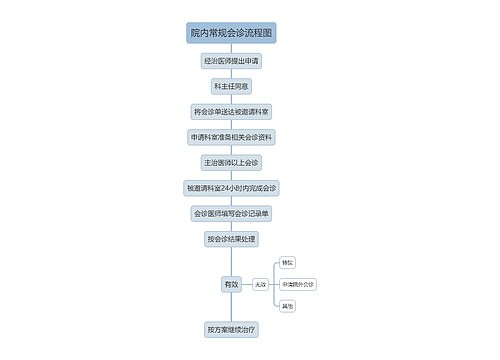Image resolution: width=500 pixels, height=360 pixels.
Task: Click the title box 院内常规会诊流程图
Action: pyautogui.click(x=231, y=34)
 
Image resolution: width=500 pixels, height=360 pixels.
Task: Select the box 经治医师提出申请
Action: pyautogui.click(x=231, y=61)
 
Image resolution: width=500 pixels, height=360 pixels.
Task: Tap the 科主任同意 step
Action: pyautogui.click(x=231, y=86)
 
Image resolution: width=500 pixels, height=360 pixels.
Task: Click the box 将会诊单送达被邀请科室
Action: pyautogui.click(x=231, y=111)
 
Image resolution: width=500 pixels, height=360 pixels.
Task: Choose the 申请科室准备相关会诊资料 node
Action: pyautogui.click(x=231, y=136)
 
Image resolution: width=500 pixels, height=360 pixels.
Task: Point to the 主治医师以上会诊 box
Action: pyautogui.click(x=231, y=162)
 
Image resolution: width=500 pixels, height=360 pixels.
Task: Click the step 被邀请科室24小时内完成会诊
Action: pyautogui.click(x=231, y=187)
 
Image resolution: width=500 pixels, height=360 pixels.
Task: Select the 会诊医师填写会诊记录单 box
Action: pyautogui.click(x=231, y=213)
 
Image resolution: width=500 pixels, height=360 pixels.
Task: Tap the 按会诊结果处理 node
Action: pyautogui.click(x=231, y=238)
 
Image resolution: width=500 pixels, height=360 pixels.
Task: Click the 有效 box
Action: pyautogui.click(x=231, y=285)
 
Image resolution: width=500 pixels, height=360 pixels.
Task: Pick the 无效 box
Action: pyautogui.click(x=260, y=285)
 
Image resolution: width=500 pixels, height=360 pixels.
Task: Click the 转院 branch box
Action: pyautogui.click(x=288, y=262)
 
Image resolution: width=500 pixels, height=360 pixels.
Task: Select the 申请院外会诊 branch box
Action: pyautogui.click(x=298, y=285)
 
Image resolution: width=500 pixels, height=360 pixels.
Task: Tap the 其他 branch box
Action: pyautogui.click(x=288, y=306)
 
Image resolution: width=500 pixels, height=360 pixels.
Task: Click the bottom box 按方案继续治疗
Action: pyautogui.click(x=231, y=328)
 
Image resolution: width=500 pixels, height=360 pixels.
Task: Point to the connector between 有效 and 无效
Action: pyautogui.click(x=246, y=285)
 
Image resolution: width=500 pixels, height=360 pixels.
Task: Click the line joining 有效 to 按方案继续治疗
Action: pyautogui.click(x=231, y=307)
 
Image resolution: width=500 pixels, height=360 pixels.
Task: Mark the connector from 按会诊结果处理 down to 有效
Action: pyautogui.click(x=231, y=262)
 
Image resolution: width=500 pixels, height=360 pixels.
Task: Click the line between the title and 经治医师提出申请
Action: pyautogui.click(x=231, y=48)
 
